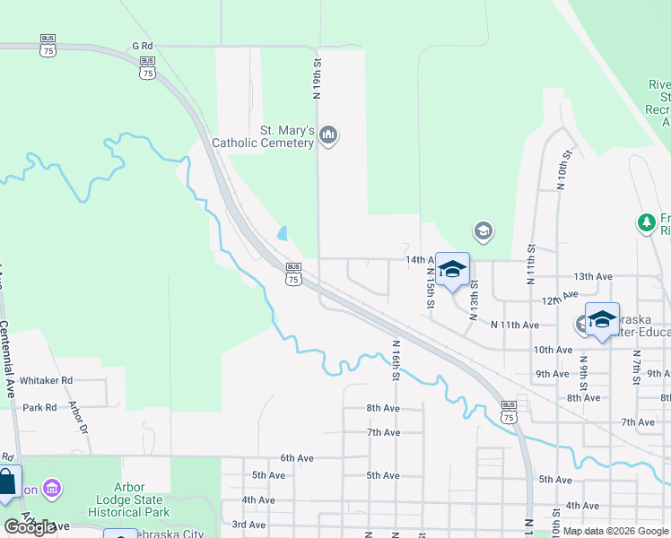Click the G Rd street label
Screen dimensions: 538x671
click(143, 45)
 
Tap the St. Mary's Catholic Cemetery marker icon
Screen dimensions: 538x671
click(328, 135)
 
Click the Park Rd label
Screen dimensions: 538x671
click(39, 407)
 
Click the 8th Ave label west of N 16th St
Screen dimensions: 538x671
click(382, 408)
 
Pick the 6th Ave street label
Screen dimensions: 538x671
click(296, 457)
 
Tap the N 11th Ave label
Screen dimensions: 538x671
click(514, 324)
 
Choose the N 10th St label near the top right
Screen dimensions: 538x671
click(564, 170)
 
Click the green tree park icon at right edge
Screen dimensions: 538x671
click(645, 222)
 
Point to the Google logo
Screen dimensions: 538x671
click(30, 526)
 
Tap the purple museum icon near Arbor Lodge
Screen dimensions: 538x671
click(53, 489)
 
